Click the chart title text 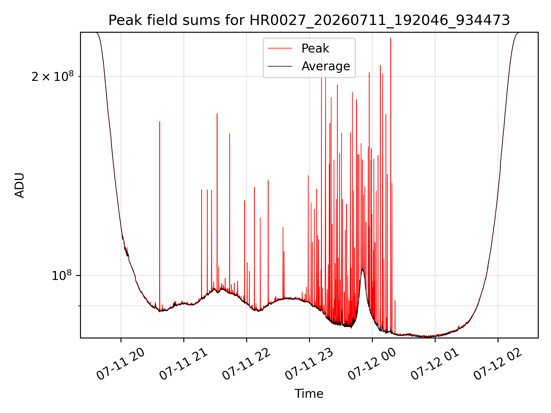[x=309, y=20]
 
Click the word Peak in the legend [x=315, y=48]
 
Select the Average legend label [x=326, y=66]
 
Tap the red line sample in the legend [x=280, y=48]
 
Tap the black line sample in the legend [x=280, y=66]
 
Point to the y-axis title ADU [x=20, y=185]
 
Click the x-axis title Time [x=309, y=394]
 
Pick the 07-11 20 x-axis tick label [x=121, y=364]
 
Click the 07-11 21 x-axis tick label [x=184, y=364]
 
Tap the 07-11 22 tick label [x=247, y=364]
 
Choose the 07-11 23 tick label [x=309, y=364]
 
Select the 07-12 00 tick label [x=372, y=364]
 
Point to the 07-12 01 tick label [x=435, y=364]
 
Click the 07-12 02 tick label [x=498, y=364]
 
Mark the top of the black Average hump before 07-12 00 [x=362, y=268]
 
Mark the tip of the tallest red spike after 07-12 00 [x=391, y=38]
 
